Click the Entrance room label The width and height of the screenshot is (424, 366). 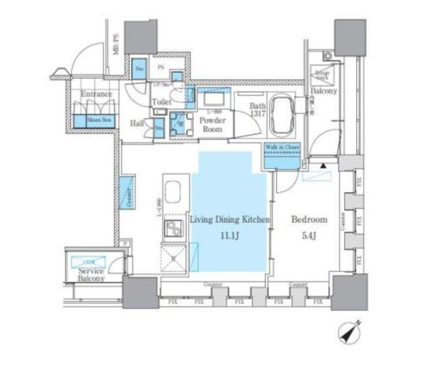tap(96, 95)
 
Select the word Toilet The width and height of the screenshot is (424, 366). tap(161, 102)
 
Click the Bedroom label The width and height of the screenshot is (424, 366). tap(309, 220)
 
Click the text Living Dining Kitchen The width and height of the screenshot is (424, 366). tap(229, 220)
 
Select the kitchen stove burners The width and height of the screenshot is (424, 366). tap(174, 227)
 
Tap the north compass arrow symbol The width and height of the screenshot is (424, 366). tap(351, 332)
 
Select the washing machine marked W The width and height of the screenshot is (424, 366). tap(180, 125)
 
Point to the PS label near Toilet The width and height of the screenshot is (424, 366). tap(161, 67)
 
